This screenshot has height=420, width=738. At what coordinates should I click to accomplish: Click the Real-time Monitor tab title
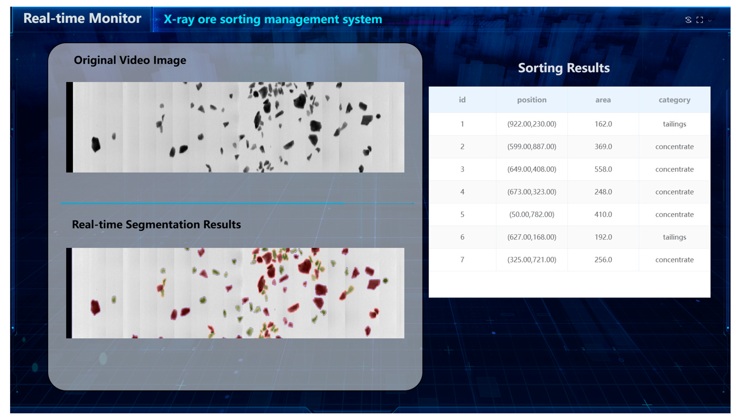pos(82,18)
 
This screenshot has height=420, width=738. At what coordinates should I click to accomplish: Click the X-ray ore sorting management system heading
pos(273,19)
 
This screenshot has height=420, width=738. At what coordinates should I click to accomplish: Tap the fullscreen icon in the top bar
pos(699,20)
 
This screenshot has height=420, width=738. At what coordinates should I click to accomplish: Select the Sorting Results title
pos(563,68)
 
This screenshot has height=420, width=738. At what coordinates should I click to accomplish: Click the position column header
pos(532,100)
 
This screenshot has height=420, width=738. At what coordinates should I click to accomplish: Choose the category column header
pos(674,100)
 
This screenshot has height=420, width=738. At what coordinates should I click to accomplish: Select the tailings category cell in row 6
pos(674,237)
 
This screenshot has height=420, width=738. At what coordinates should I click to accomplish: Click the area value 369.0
pos(603,146)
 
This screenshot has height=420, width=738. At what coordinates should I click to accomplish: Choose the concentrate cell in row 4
pos(674,192)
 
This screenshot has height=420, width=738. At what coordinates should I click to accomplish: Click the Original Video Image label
pos(130,60)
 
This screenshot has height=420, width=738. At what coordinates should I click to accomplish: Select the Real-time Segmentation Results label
pos(156,225)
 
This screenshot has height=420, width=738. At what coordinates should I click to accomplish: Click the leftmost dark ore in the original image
pos(96,144)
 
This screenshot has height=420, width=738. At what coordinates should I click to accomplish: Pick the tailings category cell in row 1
pos(674,124)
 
